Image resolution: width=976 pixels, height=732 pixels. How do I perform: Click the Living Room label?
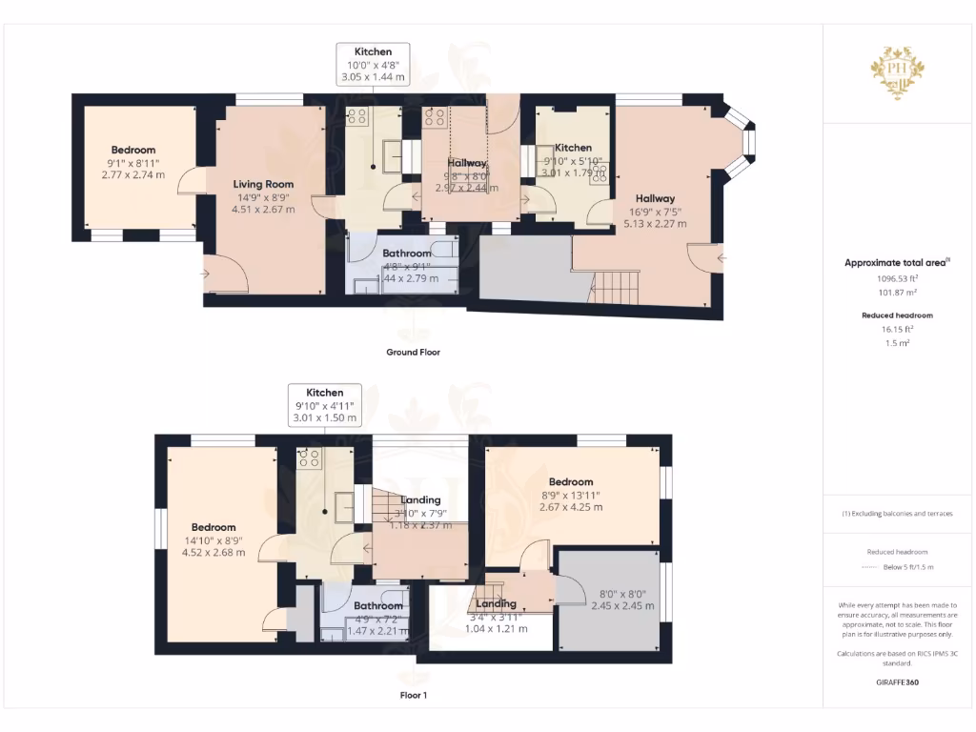click(264, 184)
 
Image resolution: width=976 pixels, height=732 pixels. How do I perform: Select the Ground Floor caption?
click(413, 352)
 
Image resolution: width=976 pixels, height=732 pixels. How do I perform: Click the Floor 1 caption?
click(413, 695)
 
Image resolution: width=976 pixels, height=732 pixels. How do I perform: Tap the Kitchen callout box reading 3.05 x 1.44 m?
click(373, 64)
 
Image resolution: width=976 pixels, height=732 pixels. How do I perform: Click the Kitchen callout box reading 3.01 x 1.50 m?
click(324, 405)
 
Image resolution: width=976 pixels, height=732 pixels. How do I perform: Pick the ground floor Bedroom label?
click(132, 150)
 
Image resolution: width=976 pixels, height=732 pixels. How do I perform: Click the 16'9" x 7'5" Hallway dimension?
click(654, 212)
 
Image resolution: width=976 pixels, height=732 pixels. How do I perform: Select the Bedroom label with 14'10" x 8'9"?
click(213, 527)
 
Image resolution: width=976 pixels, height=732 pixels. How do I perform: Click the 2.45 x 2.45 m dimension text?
click(622, 605)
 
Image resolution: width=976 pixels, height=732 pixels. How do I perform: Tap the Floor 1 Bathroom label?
click(378, 605)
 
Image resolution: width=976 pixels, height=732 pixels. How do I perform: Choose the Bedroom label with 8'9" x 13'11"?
click(571, 481)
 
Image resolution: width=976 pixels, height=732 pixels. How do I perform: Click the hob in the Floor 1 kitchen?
click(309, 457)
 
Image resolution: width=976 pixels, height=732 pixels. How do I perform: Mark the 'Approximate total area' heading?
click(895, 262)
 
